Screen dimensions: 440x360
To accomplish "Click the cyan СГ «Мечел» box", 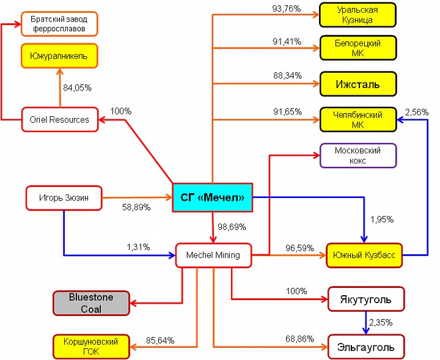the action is [x=213, y=197].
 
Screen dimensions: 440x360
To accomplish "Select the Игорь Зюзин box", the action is [x=64, y=198].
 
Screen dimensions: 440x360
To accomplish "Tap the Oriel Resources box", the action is [x=60, y=120].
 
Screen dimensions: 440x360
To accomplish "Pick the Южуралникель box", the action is [x=59, y=56].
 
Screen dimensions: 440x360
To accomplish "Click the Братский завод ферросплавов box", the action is [x=59, y=24].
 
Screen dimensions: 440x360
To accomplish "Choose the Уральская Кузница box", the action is [x=358, y=15].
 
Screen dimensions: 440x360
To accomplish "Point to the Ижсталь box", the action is [x=358, y=84].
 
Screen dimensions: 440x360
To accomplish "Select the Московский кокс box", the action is [x=358, y=156].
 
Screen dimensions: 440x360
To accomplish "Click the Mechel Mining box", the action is [x=213, y=255].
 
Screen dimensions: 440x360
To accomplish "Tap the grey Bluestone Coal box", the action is [x=91, y=303].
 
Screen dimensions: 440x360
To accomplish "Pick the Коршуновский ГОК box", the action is [x=91, y=347].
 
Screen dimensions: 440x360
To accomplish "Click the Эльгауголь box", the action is [x=366, y=347].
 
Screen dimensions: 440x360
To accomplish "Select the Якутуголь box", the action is [x=366, y=299].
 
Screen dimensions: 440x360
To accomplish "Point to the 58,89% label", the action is [x=136, y=207].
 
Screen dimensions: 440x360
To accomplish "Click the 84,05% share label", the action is [x=77, y=88].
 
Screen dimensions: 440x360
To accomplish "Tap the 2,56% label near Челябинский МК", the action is [x=417, y=112].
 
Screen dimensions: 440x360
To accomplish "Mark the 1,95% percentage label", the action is [x=382, y=219].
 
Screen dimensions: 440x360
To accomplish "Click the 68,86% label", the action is [x=299, y=339].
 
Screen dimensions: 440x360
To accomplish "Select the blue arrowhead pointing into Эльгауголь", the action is [x=365, y=331].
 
